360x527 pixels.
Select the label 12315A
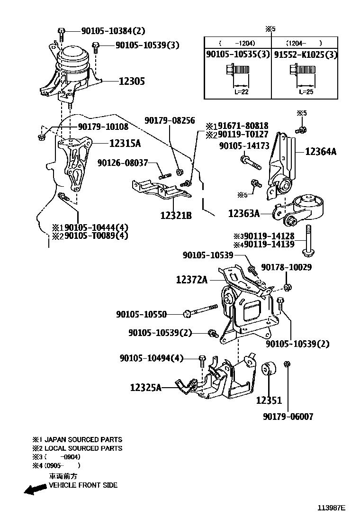[x=125, y=143]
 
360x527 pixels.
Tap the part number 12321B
[x=176, y=216]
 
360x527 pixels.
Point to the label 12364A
[x=321, y=152]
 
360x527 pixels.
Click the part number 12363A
[x=244, y=214]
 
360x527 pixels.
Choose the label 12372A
[x=192, y=280]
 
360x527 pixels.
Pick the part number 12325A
[x=146, y=388]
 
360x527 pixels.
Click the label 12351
[x=269, y=400]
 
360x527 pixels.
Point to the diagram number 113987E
[x=331, y=508]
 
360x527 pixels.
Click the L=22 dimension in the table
[x=241, y=92]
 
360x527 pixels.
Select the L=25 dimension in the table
[x=306, y=92]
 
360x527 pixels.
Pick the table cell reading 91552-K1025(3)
[x=306, y=55]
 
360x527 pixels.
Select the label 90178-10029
[x=286, y=268]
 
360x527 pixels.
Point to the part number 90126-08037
[x=123, y=163]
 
